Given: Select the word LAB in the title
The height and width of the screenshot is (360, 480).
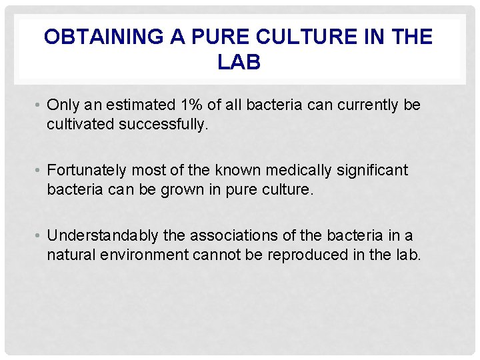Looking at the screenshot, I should pos(239,62).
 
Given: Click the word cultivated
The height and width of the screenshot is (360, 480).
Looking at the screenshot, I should pos(77,124).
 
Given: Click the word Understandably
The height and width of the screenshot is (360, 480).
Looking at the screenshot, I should pos(103,235).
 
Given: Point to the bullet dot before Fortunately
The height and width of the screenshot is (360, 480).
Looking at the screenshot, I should pos(39,171).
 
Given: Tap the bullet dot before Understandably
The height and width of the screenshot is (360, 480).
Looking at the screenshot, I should pos(39,236).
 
